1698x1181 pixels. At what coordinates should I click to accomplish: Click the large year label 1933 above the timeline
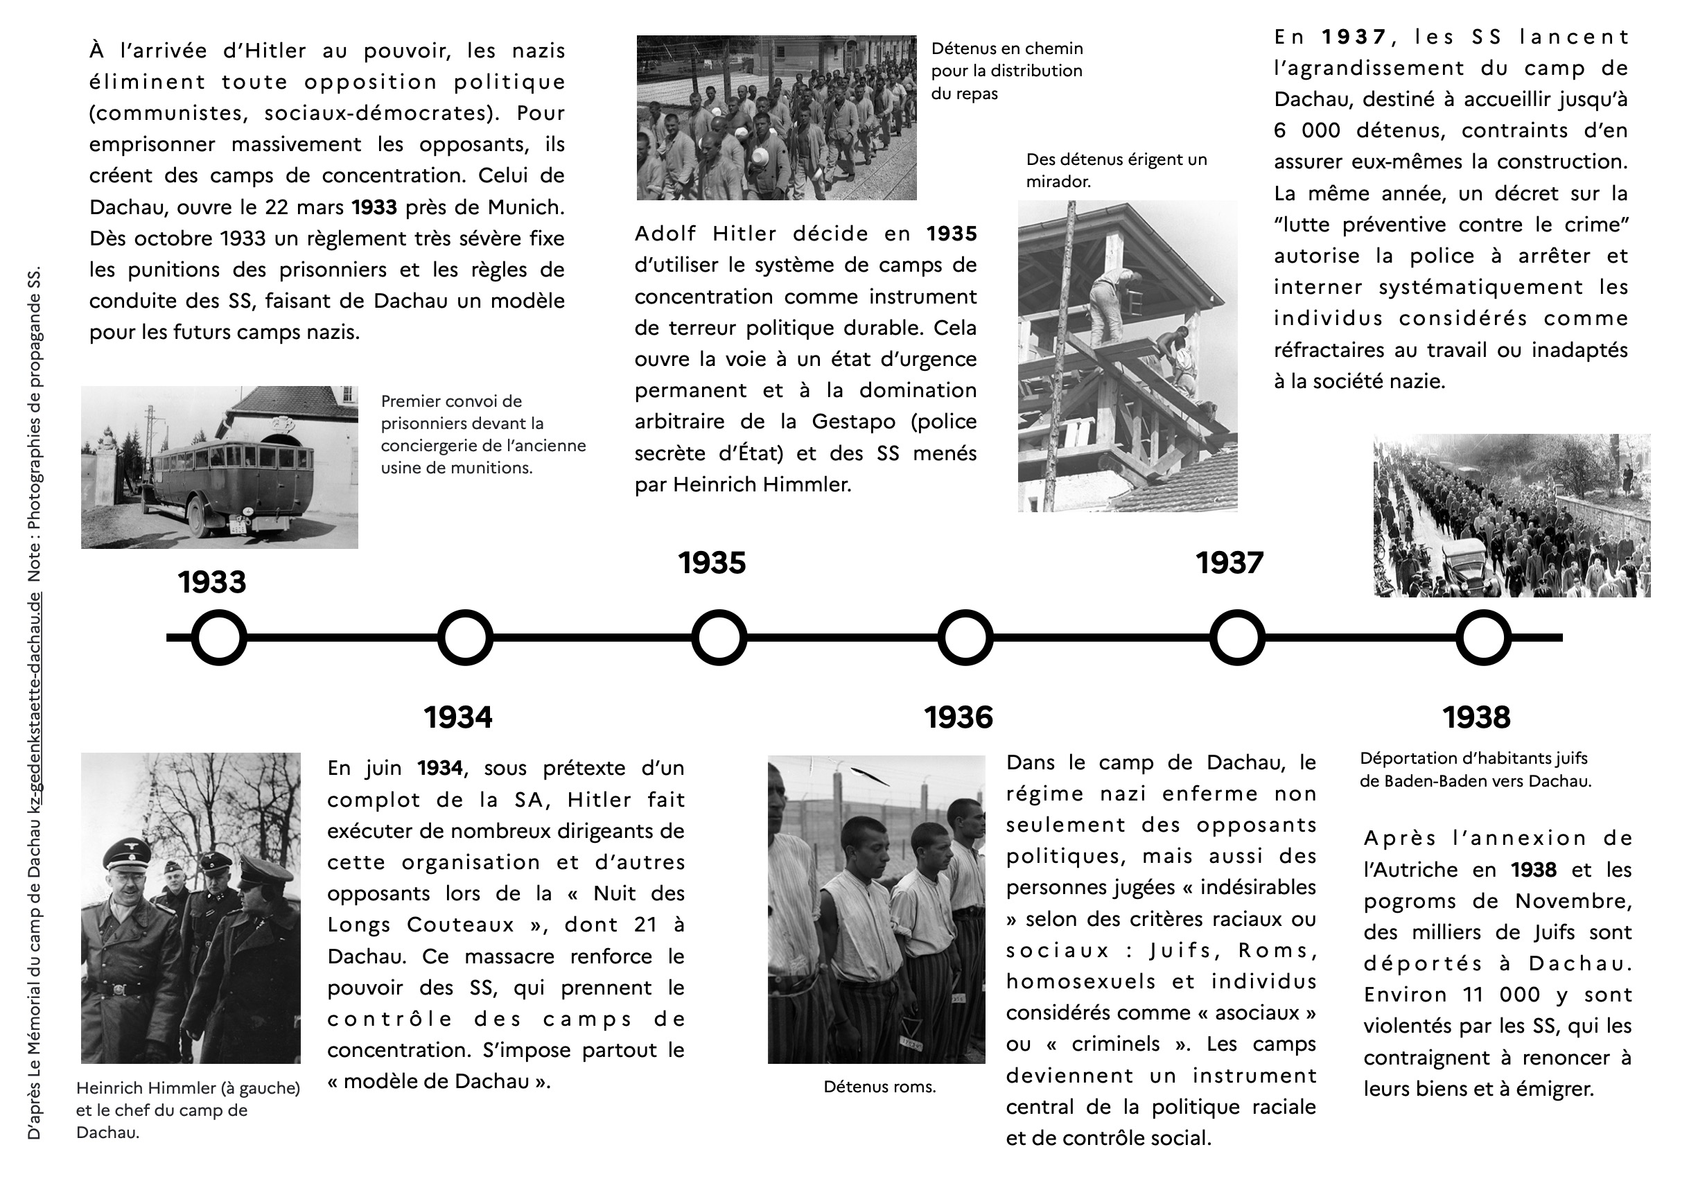click(211, 582)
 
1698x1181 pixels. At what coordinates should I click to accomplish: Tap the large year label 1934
click(458, 717)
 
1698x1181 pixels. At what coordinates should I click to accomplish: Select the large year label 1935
click(712, 563)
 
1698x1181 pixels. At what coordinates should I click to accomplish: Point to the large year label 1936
click(959, 717)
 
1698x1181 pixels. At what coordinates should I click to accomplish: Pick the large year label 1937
click(1230, 563)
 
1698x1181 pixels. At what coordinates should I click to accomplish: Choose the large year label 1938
click(1476, 717)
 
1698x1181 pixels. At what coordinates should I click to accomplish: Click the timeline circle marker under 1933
click(219, 638)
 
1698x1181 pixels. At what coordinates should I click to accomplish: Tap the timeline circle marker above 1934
click(465, 638)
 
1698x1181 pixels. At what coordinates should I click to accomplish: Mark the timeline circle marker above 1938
click(1484, 638)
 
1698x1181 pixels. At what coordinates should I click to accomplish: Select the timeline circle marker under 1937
click(1237, 638)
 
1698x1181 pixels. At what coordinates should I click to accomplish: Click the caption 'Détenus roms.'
click(879, 1087)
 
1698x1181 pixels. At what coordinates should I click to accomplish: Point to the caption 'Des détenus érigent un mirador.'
click(1116, 170)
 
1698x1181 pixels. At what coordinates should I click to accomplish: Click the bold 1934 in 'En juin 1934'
click(440, 769)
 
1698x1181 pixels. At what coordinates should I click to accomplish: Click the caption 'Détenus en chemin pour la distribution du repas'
click(1006, 71)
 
